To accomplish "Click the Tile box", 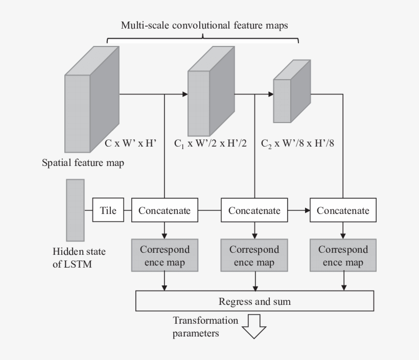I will pos(108,210).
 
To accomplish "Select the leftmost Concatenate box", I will pos(165,210).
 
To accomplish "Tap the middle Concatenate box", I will pos(254,210).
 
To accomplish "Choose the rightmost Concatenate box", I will pos(343,210).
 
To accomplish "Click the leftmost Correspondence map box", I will pos(165,256).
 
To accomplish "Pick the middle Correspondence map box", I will pos(254,256).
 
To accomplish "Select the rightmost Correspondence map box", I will pos(343,256).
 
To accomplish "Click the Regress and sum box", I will pos(254,301).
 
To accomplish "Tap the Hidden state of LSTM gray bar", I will pos(75,210).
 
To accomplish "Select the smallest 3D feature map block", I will pos(291,92).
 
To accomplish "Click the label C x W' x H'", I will pos(130,143).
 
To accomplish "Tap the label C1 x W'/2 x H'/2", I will pos(210,143).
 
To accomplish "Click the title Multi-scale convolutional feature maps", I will pos(204,25).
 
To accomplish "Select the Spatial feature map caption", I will pos(83,163).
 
